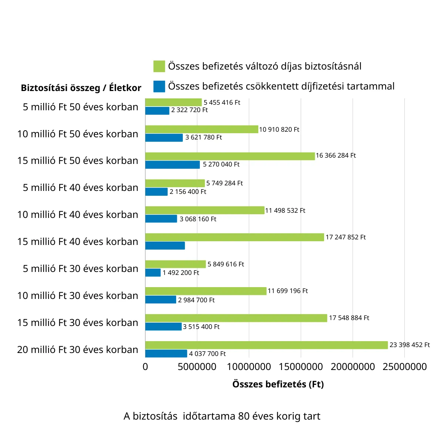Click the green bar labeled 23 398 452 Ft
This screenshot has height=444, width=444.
(266, 345)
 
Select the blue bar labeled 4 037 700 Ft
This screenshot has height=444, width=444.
(166, 354)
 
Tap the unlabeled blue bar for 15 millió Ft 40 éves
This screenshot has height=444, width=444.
(165, 246)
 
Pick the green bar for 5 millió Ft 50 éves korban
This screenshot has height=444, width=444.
(173, 102)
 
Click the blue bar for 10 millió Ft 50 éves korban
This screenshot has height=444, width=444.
(164, 138)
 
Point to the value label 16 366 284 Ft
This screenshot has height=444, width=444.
(336, 155)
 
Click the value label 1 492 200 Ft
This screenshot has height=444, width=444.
(181, 273)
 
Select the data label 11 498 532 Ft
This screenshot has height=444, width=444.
(285, 211)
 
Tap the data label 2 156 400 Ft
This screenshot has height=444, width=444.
(188, 192)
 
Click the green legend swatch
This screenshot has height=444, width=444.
(159, 66)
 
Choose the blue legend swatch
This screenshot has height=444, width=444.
(159, 86)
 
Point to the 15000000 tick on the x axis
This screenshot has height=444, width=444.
(300, 367)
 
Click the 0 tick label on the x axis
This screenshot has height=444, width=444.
(145, 367)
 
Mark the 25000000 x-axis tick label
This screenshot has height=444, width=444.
(404, 367)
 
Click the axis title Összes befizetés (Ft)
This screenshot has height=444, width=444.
(278, 384)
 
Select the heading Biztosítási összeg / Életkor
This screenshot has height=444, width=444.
(81, 88)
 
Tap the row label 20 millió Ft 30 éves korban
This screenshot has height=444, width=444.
(78, 350)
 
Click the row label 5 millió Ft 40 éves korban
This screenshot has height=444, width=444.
(80, 188)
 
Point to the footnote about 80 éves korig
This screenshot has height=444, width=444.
(222, 416)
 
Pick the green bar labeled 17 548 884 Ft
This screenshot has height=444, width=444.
(236, 318)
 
